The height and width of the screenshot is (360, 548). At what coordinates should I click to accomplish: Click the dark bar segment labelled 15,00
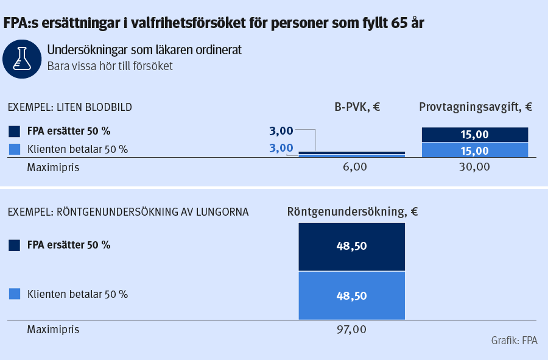pos(475,135)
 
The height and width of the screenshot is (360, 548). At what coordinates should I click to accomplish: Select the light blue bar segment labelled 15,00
pos(475,150)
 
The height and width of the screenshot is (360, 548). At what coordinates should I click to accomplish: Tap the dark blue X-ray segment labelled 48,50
pos(351,247)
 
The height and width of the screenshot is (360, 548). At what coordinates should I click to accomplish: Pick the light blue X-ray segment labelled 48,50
pos(351,295)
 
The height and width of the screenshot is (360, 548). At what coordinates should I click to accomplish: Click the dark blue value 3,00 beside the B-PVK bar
pos(281,130)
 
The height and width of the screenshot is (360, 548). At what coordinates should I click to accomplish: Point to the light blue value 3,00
pos(281,147)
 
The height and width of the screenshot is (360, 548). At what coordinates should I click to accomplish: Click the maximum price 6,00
pos(351,166)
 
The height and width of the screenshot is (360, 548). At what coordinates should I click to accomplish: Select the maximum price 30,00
pos(474,166)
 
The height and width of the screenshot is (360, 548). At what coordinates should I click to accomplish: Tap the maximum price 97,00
pos(351,330)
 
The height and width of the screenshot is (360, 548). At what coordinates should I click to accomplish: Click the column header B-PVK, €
pos(357,107)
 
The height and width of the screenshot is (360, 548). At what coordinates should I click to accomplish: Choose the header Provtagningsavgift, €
pos(476,107)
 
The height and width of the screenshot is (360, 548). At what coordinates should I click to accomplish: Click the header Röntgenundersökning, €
pos(352,212)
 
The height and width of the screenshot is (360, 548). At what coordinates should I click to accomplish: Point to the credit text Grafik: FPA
pos(514,341)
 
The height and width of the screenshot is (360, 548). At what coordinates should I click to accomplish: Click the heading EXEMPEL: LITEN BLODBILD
pos(69,107)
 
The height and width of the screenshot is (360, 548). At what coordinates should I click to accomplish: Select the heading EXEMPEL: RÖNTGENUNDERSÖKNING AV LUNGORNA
pos(128,212)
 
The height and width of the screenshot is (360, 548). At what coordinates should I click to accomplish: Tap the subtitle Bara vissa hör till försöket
pos(110,66)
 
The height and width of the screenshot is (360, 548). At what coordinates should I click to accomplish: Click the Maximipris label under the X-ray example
pos(53,330)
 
